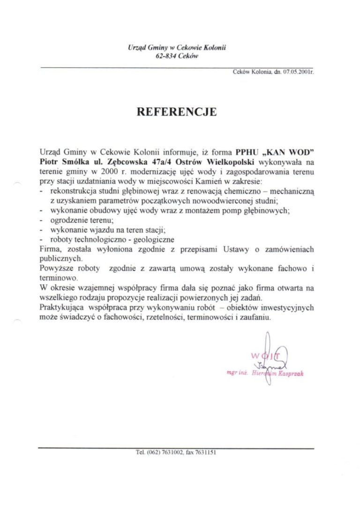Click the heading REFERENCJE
tap(176, 112)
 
